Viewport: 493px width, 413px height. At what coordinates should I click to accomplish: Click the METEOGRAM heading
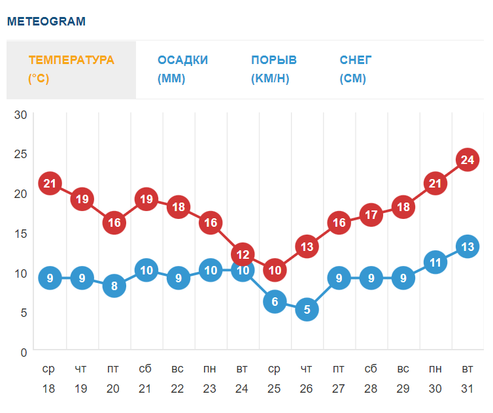tap(46, 21)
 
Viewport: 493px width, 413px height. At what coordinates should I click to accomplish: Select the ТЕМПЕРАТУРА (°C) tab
tap(71, 69)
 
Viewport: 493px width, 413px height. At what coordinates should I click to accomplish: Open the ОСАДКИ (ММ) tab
tap(182, 69)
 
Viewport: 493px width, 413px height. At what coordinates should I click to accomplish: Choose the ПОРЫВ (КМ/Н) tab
tap(273, 69)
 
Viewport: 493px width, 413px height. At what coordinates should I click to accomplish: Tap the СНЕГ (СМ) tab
tap(356, 69)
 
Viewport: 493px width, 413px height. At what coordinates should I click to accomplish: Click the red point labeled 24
tap(467, 159)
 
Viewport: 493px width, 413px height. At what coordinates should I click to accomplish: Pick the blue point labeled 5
tap(307, 309)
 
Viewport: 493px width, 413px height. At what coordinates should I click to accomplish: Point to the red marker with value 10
tap(275, 269)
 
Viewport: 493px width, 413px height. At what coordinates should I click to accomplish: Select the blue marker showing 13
tap(467, 246)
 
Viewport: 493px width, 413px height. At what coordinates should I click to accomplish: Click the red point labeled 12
tap(243, 254)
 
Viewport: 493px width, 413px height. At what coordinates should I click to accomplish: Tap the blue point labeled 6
tap(275, 301)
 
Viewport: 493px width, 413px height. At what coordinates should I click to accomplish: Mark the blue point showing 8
tap(114, 286)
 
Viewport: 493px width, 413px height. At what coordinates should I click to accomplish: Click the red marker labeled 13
tap(307, 246)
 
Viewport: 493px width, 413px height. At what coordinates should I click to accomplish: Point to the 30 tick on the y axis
tap(20, 115)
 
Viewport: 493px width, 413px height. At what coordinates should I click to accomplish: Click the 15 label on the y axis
tap(20, 233)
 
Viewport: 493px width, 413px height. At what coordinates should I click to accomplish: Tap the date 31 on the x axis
tap(467, 389)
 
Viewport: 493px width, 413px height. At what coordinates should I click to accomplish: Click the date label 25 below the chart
tap(275, 389)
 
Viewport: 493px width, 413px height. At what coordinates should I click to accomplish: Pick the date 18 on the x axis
tap(49, 389)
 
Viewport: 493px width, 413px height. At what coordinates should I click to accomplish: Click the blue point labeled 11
tap(435, 262)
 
